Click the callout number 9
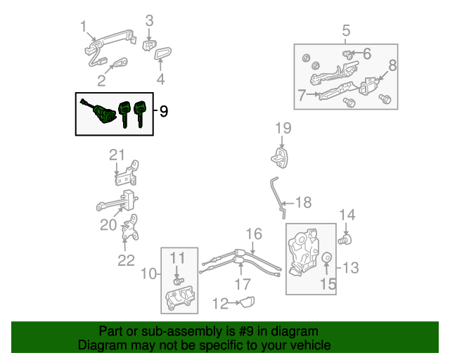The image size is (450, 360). [163, 111]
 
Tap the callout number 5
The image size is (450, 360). [346, 30]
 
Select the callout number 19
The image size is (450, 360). [283, 128]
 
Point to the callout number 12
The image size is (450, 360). [220, 304]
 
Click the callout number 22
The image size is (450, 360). [125, 261]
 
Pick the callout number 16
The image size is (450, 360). [253, 234]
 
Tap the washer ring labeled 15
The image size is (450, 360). [326, 259]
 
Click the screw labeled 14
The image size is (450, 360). [345, 240]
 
